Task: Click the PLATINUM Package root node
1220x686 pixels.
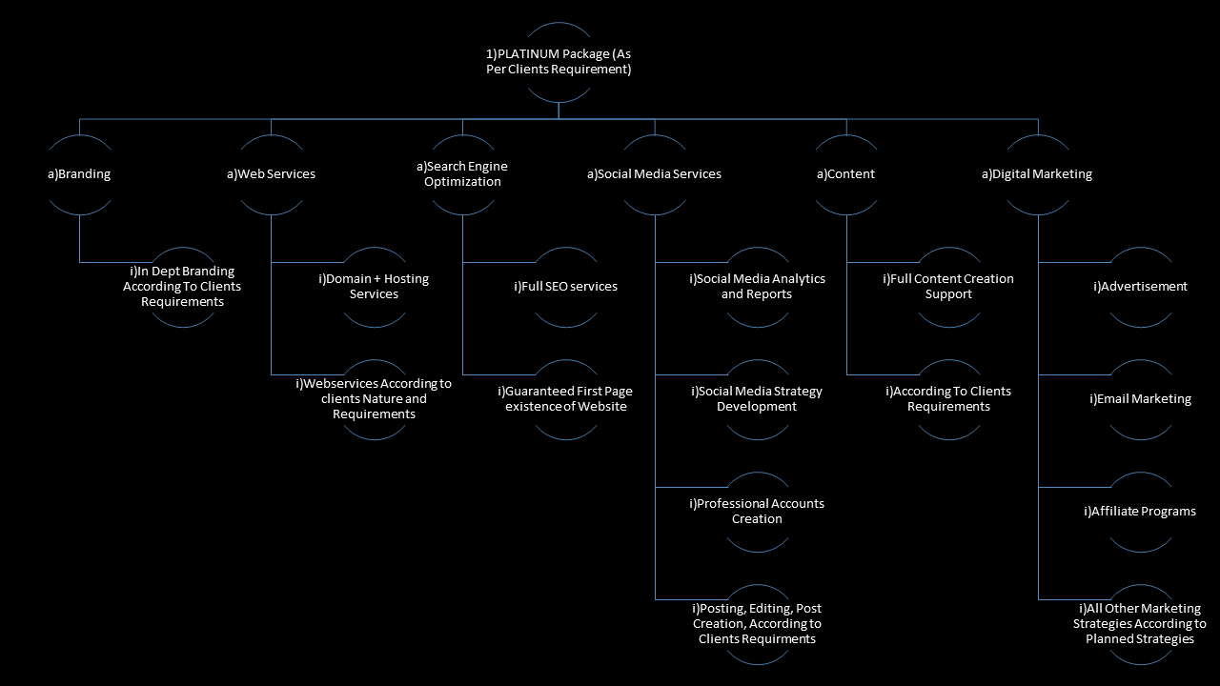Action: [559, 62]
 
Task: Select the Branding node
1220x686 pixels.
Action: [80, 174]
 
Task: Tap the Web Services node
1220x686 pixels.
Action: [272, 174]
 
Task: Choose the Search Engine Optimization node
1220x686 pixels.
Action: [462, 174]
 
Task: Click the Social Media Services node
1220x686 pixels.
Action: [654, 174]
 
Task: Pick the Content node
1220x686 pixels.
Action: [846, 174]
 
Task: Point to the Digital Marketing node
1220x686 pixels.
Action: [1037, 174]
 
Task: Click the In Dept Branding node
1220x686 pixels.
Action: [182, 287]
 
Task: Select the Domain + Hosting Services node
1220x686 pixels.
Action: [374, 287]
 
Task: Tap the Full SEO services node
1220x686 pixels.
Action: [565, 287]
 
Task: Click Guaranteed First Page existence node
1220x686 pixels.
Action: [565, 399]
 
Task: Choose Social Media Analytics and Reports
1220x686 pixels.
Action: [757, 287]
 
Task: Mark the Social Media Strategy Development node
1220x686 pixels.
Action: [757, 399]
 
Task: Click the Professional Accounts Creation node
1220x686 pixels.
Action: [757, 512]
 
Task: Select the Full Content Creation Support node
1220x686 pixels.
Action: [948, 287]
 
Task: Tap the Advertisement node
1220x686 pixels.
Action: [1140, 287]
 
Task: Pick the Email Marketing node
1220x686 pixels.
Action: [1140, 399]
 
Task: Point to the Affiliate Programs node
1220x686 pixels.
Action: [1140, 512]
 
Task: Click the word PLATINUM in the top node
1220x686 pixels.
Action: [538, 54]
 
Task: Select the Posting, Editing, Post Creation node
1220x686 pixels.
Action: [757, 624]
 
